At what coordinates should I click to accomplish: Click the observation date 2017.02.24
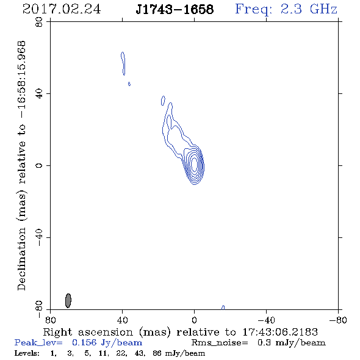tap(62, 9)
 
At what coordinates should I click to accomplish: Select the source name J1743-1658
tap(175, 9)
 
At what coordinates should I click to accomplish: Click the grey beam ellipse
tap(68, 301)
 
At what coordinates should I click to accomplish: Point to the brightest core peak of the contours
tap(194, 164)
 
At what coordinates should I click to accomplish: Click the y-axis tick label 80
tap(39, 22)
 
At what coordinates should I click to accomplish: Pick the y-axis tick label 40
tap(39, 94)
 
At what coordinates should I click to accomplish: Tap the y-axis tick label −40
tap(39, 237)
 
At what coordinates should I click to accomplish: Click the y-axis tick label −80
tap(39, 309)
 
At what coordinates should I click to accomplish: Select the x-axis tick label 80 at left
tap(50, 320)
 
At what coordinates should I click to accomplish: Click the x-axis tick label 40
tap(122, 320)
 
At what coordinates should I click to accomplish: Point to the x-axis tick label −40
tap(266, 320)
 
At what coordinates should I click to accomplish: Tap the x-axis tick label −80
tap(338, 320)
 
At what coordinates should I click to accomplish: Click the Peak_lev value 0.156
tap(84, 342)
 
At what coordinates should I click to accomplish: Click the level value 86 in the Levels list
tap(157, 353)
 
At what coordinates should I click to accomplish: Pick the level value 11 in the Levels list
tap(103, 353)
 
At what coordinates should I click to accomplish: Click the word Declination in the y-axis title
tap(21, 259)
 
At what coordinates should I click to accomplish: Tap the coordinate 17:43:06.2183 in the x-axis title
tap(280, 332)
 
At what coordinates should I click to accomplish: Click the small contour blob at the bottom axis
tap(223, 308)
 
